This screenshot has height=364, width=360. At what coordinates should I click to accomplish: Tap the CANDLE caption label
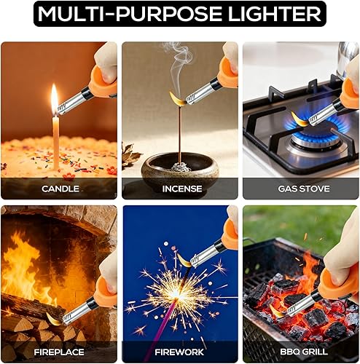pos(59,188)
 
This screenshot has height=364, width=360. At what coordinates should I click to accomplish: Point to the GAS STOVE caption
pos(300,188)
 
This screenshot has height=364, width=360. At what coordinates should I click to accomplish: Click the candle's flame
pos(54,98)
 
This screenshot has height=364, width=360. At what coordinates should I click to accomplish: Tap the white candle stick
pos(55,142)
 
